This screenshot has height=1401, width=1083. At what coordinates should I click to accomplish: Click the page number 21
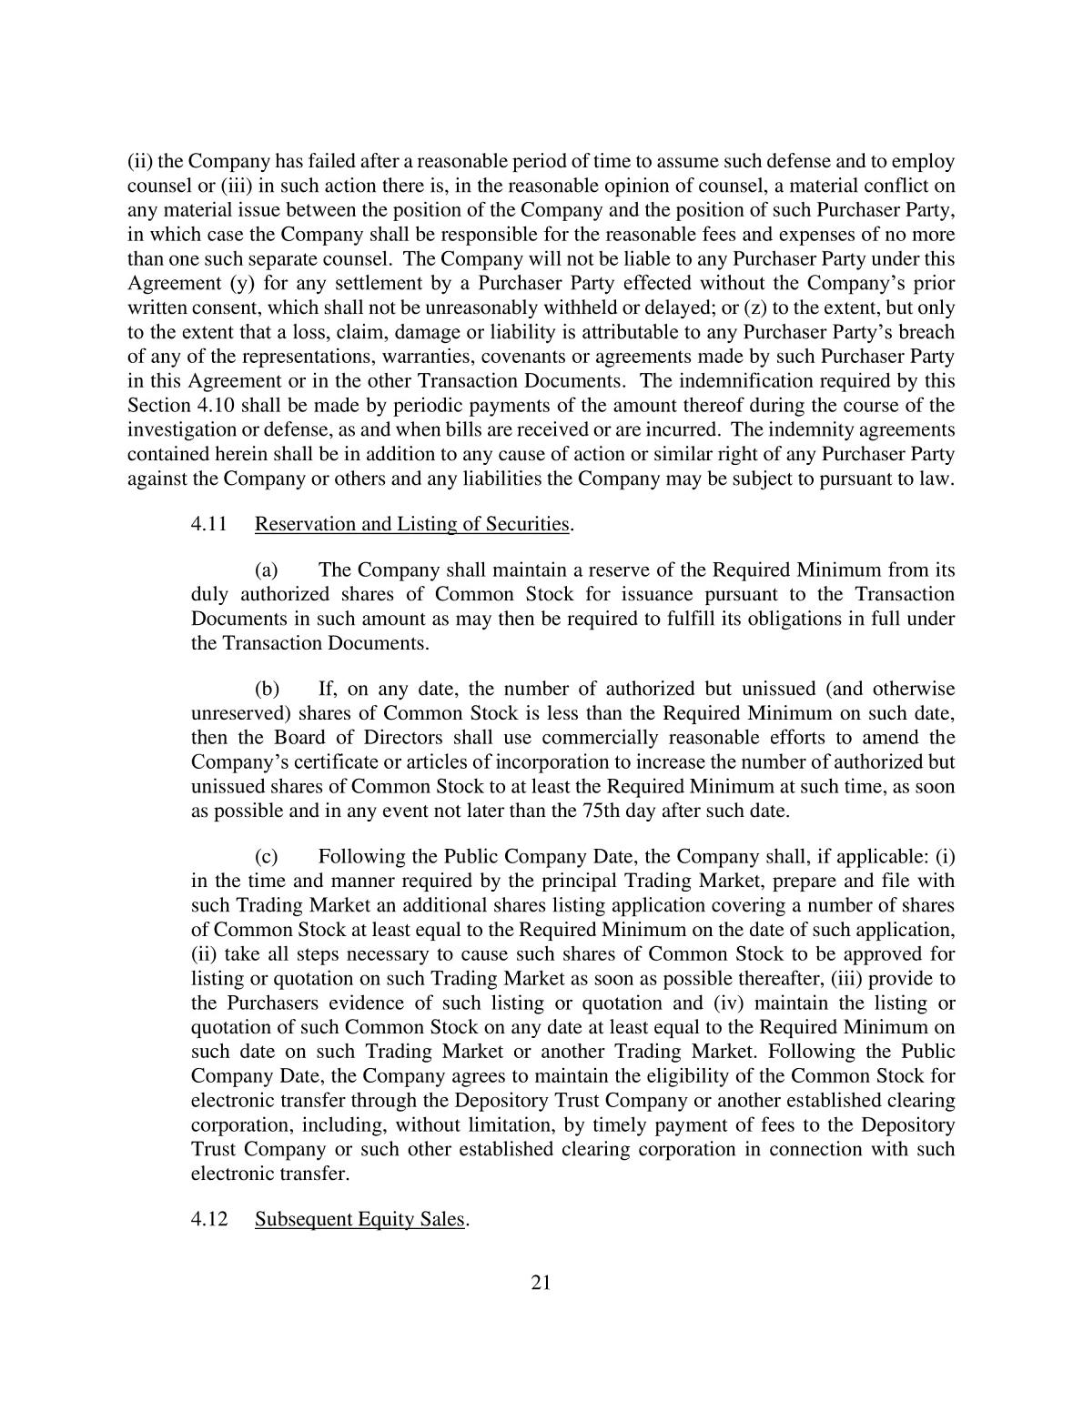click(x=541, y=1283)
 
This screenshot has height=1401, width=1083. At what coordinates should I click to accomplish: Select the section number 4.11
click(x=207, y=524)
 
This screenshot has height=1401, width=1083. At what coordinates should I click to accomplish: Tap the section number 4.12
click(x=207, y=1219)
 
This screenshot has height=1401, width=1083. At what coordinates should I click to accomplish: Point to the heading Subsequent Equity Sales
click(x=359, y=1219)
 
